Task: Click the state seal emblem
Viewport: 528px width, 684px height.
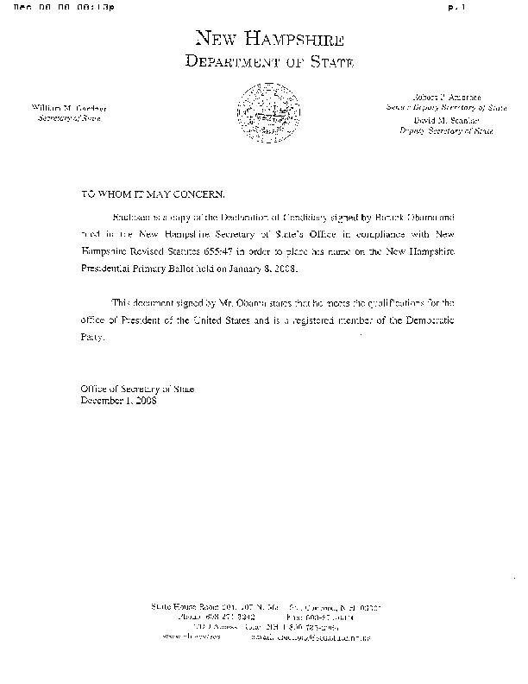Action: tap(264, 110)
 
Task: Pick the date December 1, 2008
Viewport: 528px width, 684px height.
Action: tap(118, 401)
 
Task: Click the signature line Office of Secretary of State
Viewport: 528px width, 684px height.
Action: tap(138, 389)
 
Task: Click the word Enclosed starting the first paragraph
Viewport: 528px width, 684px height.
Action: tap(131, 216)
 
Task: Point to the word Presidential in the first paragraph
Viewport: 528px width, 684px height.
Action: tap(112, 269)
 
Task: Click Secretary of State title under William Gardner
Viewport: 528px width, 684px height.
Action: tap(69, 117)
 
